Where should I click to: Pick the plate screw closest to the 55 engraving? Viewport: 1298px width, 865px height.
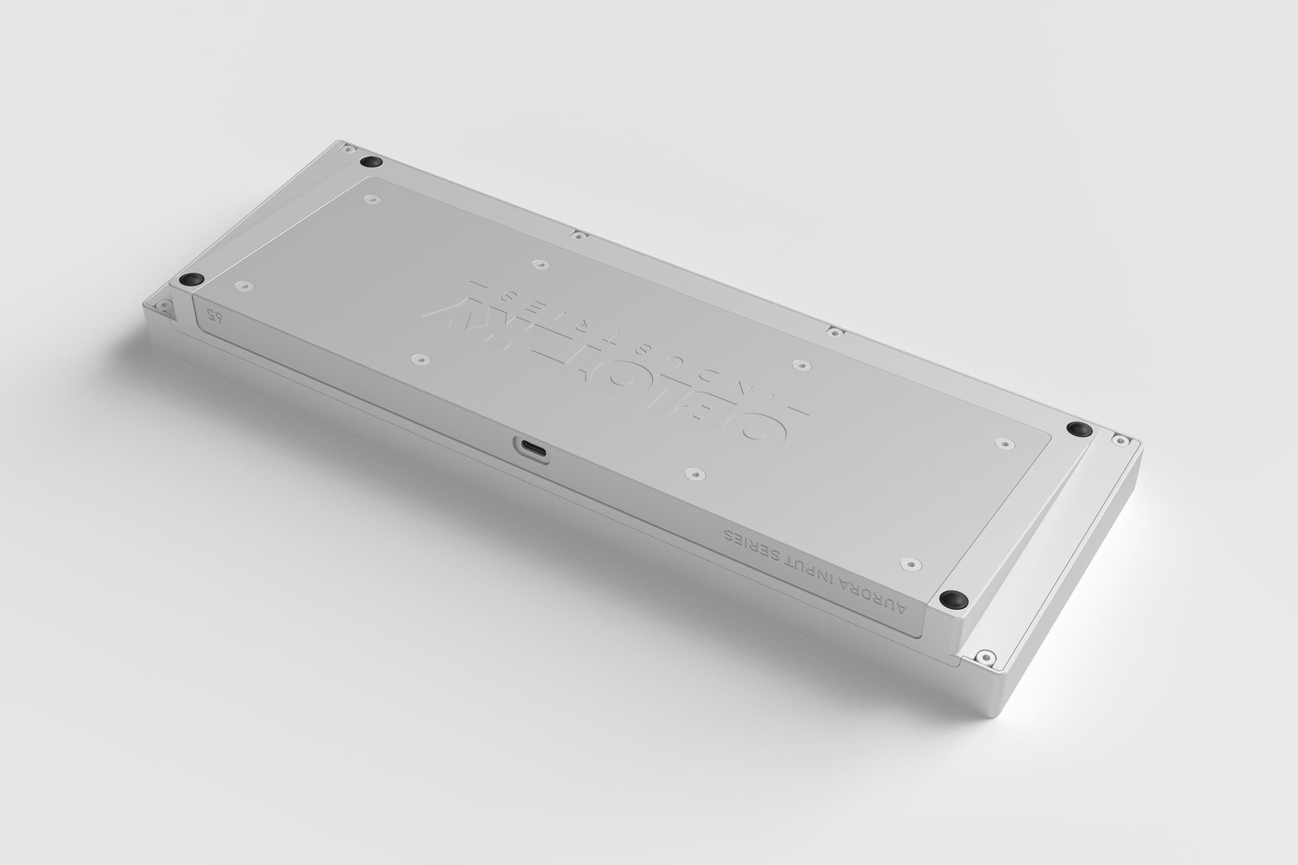[x=244, y=286]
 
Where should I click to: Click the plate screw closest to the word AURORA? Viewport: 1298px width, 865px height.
[x=911, y=563]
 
